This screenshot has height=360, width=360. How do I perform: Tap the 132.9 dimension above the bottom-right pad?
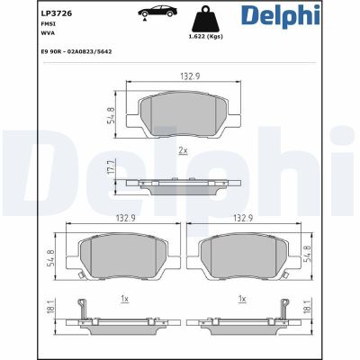[240, 217]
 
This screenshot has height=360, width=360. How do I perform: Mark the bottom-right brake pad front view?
[240, 252]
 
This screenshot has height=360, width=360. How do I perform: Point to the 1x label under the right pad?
[240, 297]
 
